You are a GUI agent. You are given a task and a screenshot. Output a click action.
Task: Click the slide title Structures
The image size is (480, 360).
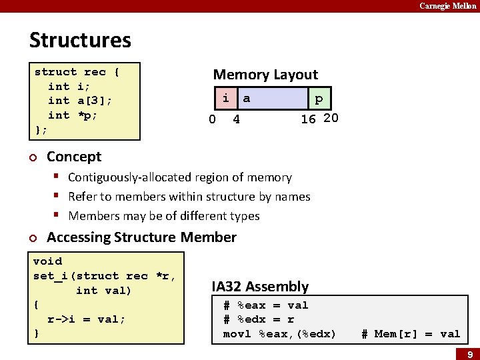(x=80, y=41)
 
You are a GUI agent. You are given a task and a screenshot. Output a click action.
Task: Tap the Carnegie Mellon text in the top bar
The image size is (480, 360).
(x=447, y=6)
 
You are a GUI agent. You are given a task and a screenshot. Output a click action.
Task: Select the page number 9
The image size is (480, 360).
(x=469, y=354)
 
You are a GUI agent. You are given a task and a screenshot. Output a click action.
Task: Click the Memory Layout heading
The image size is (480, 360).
(x=265, y=75)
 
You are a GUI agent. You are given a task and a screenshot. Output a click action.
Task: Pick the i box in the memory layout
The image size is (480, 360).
(x=225, y=99)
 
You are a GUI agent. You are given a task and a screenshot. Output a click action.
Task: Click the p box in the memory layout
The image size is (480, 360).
(x=319, y=99)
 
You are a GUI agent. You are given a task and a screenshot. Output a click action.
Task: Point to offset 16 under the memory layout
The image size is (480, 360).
(x=308, y=119)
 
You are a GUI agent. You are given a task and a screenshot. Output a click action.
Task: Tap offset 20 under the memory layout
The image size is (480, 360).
(x=331, y=119)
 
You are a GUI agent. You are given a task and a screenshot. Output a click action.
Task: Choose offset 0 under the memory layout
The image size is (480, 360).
(x=212, y=120)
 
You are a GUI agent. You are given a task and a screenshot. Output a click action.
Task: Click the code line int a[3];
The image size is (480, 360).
(x=80, y=101)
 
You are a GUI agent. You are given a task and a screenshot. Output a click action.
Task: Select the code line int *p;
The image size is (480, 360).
(x=73, y=115)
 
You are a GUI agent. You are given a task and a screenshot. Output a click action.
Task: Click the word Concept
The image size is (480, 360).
(x=74, y=157)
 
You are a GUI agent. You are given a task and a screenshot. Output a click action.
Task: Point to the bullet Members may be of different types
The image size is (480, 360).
(x=164, y=216)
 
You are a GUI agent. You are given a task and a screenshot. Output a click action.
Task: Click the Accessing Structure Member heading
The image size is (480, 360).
(x=141, y=237)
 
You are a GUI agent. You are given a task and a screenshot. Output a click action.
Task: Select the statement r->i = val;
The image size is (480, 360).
(x=86, y=319)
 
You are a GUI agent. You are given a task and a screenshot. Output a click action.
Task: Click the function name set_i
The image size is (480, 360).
(x=53, y=276)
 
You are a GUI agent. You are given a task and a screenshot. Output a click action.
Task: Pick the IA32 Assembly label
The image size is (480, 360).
(x=260, y=287)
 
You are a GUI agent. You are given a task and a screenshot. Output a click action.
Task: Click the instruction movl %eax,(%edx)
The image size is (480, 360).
(x=279, y=334)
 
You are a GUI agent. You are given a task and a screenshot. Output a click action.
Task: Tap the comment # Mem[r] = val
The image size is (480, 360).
(x=411, y=334)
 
